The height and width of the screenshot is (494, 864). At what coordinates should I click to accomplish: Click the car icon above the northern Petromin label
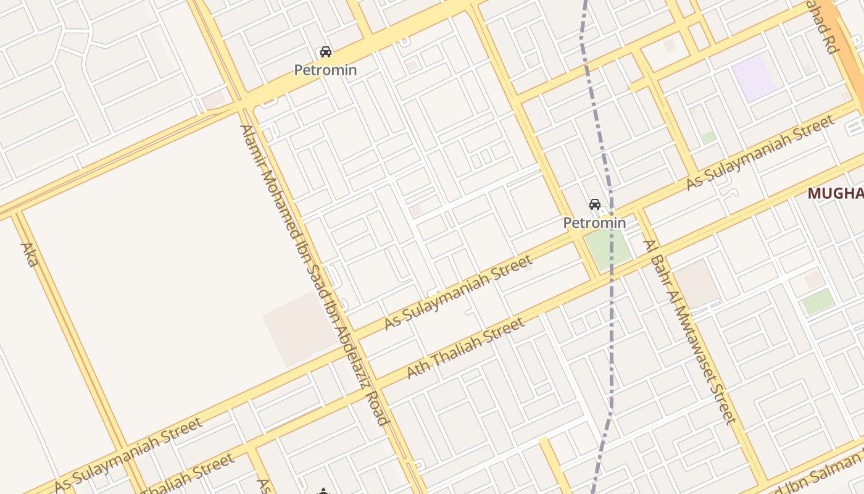tap(325, 52)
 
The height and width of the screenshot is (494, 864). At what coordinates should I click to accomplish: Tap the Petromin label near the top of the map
tap(325, 70)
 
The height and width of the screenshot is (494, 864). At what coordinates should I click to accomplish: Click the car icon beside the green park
tap(595, 204)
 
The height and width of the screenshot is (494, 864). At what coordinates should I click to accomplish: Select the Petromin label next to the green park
tap(594, 222)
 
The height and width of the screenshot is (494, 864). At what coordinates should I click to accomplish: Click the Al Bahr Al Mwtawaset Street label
tap(690, 332)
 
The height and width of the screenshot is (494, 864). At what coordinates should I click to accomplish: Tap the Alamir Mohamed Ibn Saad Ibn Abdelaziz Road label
tap(314, 275)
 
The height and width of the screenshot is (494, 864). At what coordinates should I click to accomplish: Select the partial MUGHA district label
tap(836, 193)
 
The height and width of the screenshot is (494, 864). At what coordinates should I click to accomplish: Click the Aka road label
tap(29, 254)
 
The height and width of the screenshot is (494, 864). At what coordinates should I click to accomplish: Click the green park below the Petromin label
tap(608, 248)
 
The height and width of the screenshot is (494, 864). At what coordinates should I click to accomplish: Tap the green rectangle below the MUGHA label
tap(818, 302)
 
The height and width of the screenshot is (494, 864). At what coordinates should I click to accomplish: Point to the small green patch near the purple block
tap(708, 136)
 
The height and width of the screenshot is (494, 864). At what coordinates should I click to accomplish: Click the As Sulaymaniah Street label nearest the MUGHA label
tap(760, 153)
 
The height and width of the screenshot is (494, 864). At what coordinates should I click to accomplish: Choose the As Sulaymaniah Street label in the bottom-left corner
tap(128, 454)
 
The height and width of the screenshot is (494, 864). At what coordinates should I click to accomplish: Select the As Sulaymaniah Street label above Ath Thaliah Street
tap(457, 291)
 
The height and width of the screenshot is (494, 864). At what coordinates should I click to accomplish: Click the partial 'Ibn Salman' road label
tap(821, 474)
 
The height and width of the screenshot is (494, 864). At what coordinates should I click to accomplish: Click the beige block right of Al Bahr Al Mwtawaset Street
tap(696, 283)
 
